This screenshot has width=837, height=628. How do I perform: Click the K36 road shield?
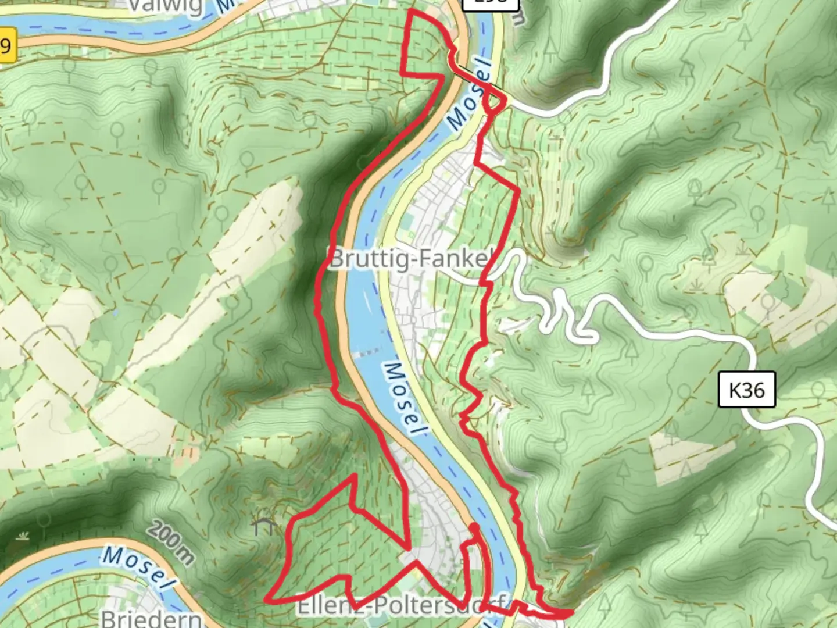[x=746, y=390]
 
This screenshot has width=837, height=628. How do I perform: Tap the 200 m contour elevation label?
[x=170, y=544]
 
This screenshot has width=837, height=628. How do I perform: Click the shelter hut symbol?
[x=264, y=526]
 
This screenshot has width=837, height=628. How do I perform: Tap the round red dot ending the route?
[x=474, y=527]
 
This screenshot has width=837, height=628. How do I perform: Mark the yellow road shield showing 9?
[x=6, y=45]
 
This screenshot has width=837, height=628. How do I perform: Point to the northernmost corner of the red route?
[x=412, y=11]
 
